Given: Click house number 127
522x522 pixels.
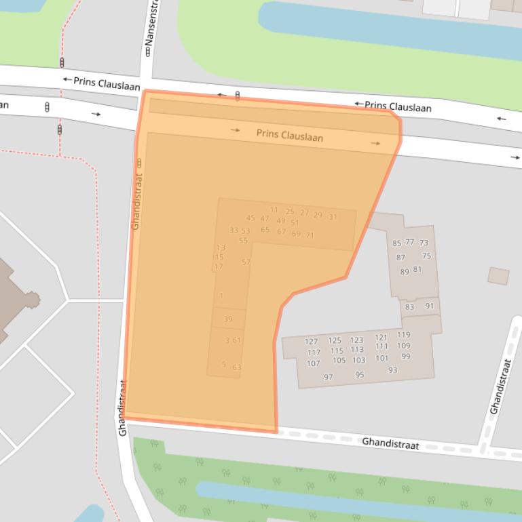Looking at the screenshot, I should click(311, 342).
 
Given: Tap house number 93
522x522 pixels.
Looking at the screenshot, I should click(393, 370).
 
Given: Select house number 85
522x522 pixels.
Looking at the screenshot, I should click(397, 243).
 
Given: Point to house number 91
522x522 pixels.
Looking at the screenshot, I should click(430, 306).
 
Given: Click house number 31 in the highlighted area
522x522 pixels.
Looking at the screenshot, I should click(333, 217).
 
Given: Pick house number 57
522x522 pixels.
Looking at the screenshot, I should click(246, 262).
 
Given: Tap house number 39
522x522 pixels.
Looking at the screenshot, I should click(228, 319).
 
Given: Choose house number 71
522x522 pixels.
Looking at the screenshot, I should click(310, 235).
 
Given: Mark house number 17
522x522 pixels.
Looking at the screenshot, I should click(219, 266).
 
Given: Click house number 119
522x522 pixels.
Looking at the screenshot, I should click(403, 335).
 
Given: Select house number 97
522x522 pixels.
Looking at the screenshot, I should click(329, 377).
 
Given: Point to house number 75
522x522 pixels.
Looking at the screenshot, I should click(426, 256).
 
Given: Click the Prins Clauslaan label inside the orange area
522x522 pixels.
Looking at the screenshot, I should click(290, 136).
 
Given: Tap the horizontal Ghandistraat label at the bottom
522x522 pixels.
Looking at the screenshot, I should click(390, 444).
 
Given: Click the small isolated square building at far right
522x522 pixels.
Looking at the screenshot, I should click(498, 276).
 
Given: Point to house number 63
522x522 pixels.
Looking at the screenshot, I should click(237, 367).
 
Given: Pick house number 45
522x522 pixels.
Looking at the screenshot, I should click(250, 218).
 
